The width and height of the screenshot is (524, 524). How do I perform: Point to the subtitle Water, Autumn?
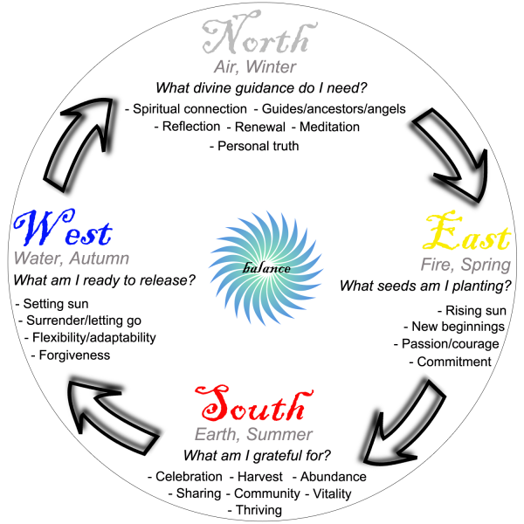click(x=72, y=259)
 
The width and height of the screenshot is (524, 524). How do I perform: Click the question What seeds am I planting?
click(x=425, y=286)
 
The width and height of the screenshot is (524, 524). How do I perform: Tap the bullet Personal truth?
click(x=254, y=146)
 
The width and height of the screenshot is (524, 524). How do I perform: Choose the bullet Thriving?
click(x=254, y=509)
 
